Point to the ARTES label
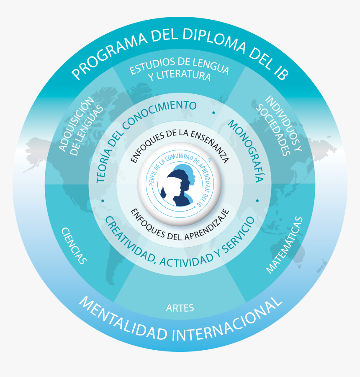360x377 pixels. pos(180,308)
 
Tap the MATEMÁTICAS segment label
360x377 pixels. pos(284,245)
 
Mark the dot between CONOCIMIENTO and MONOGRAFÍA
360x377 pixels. pos(214,113)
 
